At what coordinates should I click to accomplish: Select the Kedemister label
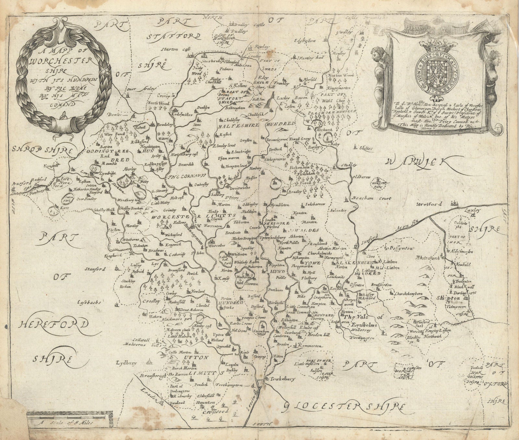tap(183, 115)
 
